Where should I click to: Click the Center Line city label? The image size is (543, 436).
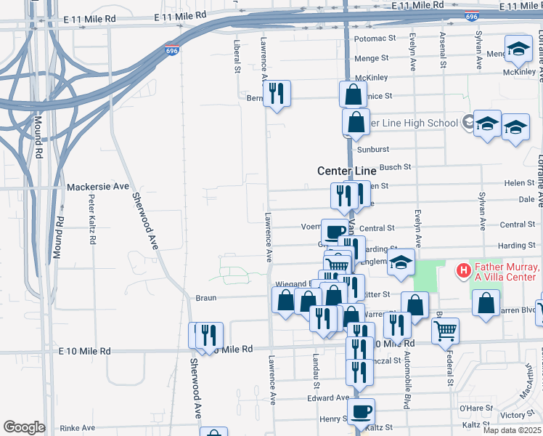coord(346,171)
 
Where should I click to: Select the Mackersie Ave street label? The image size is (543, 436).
coord(97,187)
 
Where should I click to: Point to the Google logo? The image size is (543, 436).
coord(24,427)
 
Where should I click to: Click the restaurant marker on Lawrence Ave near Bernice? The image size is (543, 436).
coord(277,94)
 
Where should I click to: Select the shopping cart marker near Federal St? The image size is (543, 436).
coord(445,331)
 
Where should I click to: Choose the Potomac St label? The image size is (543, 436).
coord(374,39)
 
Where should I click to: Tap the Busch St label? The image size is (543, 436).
coord(396,167)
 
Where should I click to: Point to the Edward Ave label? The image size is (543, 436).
coord(328,398)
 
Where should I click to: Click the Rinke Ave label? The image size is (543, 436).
coord(78,428)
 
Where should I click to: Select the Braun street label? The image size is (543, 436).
coord(206,298)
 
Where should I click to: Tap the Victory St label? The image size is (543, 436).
coord(518,416)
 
